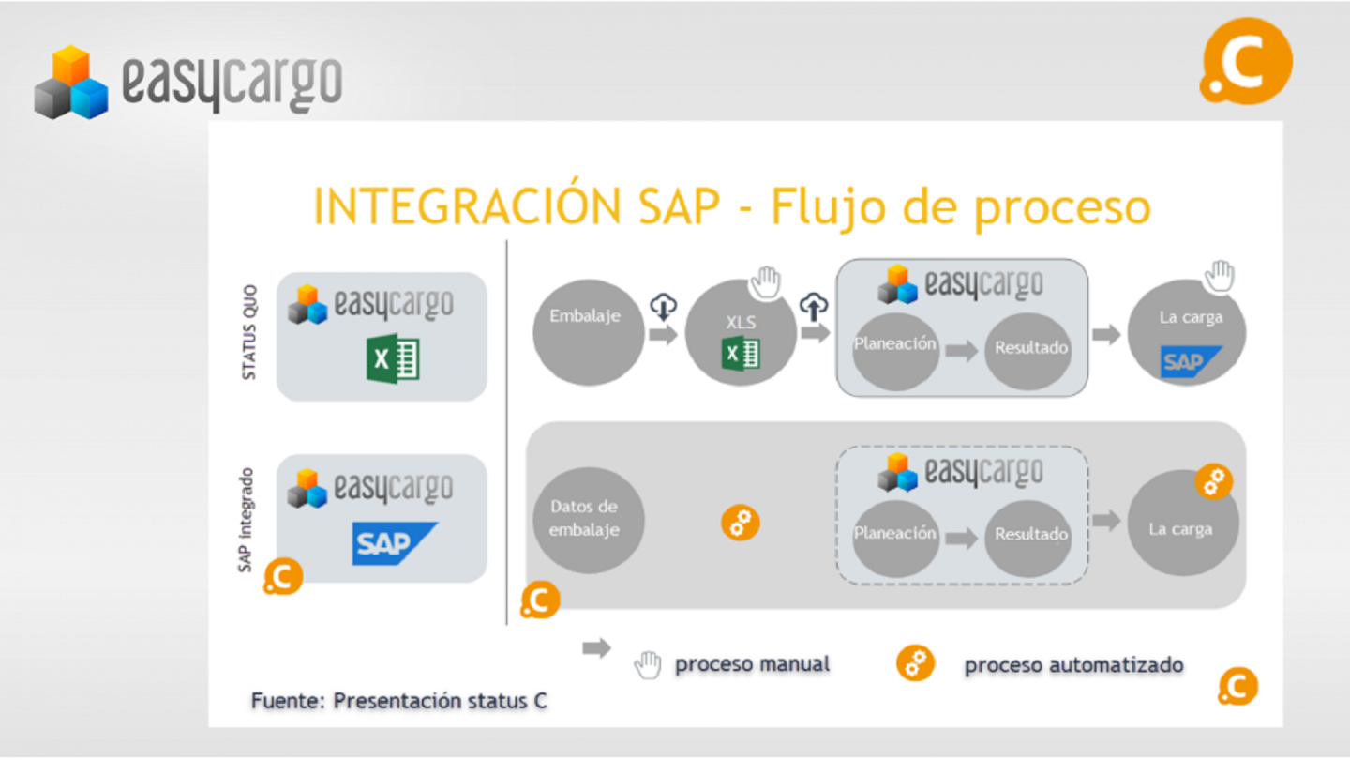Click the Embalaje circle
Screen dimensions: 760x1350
click(588, 331)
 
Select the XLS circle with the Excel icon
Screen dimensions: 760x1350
click(741, 333)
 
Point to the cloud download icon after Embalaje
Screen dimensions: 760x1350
click(663, 305)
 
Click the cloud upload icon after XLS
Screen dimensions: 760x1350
click(814, 306)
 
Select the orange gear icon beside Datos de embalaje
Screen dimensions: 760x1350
click(741, 523)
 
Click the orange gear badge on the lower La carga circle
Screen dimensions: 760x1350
click(1214, 482)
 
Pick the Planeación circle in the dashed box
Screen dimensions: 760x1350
click(895, 534)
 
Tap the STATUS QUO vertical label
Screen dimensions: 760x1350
click(249, 332)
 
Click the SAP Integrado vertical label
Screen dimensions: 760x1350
click(247, 519)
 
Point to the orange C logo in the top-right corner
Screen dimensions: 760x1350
click(1246, 61)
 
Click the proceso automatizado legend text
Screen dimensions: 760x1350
click(1073, 665)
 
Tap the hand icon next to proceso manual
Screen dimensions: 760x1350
click(647, 665)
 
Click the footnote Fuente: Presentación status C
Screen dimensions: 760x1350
click(399, 701)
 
